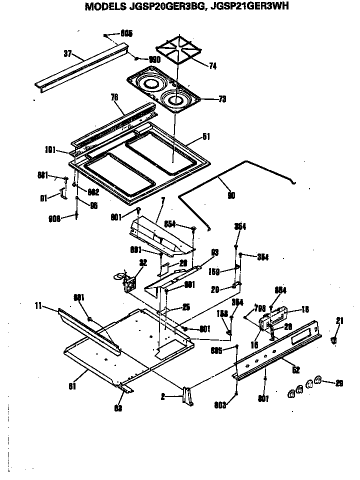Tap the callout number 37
tap(68, 52)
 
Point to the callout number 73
tap(221, 99)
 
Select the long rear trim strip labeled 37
tap(80, 70)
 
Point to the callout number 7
tap(162, 200)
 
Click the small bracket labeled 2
tap(187, 395)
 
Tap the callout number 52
tap(296, 370)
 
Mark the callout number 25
tap(186, 307)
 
